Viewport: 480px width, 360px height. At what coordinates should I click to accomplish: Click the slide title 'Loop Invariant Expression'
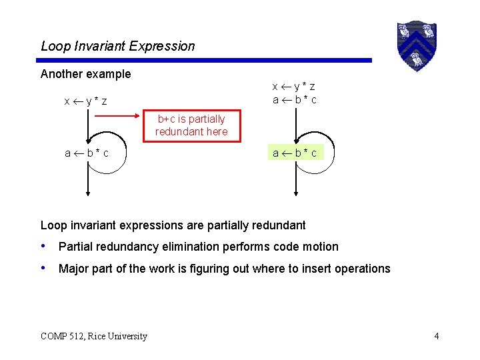click(x=118, y=46)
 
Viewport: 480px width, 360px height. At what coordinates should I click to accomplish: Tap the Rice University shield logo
click(x=416, y=45)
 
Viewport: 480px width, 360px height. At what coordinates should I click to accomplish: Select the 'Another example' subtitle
click(x=85, y=73)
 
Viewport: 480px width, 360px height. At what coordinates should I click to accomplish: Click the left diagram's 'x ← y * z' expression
click(x=86, y=101)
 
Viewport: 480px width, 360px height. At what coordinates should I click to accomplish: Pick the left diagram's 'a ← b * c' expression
click(x=87, y=153)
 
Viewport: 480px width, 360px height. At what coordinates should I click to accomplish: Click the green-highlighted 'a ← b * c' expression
click(x=295, y=153)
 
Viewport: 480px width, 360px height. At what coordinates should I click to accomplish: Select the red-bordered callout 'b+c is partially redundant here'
click(x=191, y=125)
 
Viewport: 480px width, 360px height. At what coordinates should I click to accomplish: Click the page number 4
click(x=436, y=336)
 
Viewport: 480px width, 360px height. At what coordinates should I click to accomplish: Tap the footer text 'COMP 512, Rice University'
click(x=94, y=336)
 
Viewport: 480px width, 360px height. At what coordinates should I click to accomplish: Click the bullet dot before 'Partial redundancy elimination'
click(x=44, y=246)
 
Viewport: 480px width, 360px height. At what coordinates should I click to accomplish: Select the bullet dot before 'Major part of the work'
click(x=44, y=268)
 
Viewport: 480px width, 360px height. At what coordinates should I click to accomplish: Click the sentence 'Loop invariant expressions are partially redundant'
click(x=173, y=225)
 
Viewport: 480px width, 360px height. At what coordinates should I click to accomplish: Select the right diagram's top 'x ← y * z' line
click(x=294, y=87)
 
